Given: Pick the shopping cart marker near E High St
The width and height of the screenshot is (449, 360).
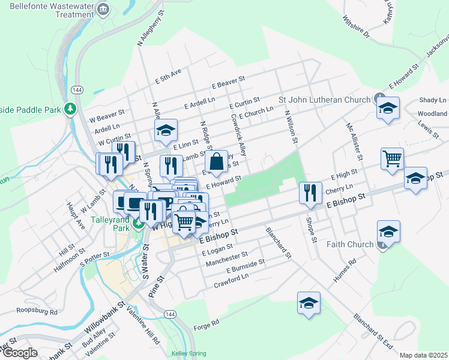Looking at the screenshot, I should [391, 159].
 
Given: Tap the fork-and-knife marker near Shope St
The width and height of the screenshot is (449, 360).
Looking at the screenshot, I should [310, 193].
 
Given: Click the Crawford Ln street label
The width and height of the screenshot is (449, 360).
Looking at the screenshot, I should [231, 279].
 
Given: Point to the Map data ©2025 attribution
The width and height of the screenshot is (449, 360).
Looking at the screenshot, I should [423, 355].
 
